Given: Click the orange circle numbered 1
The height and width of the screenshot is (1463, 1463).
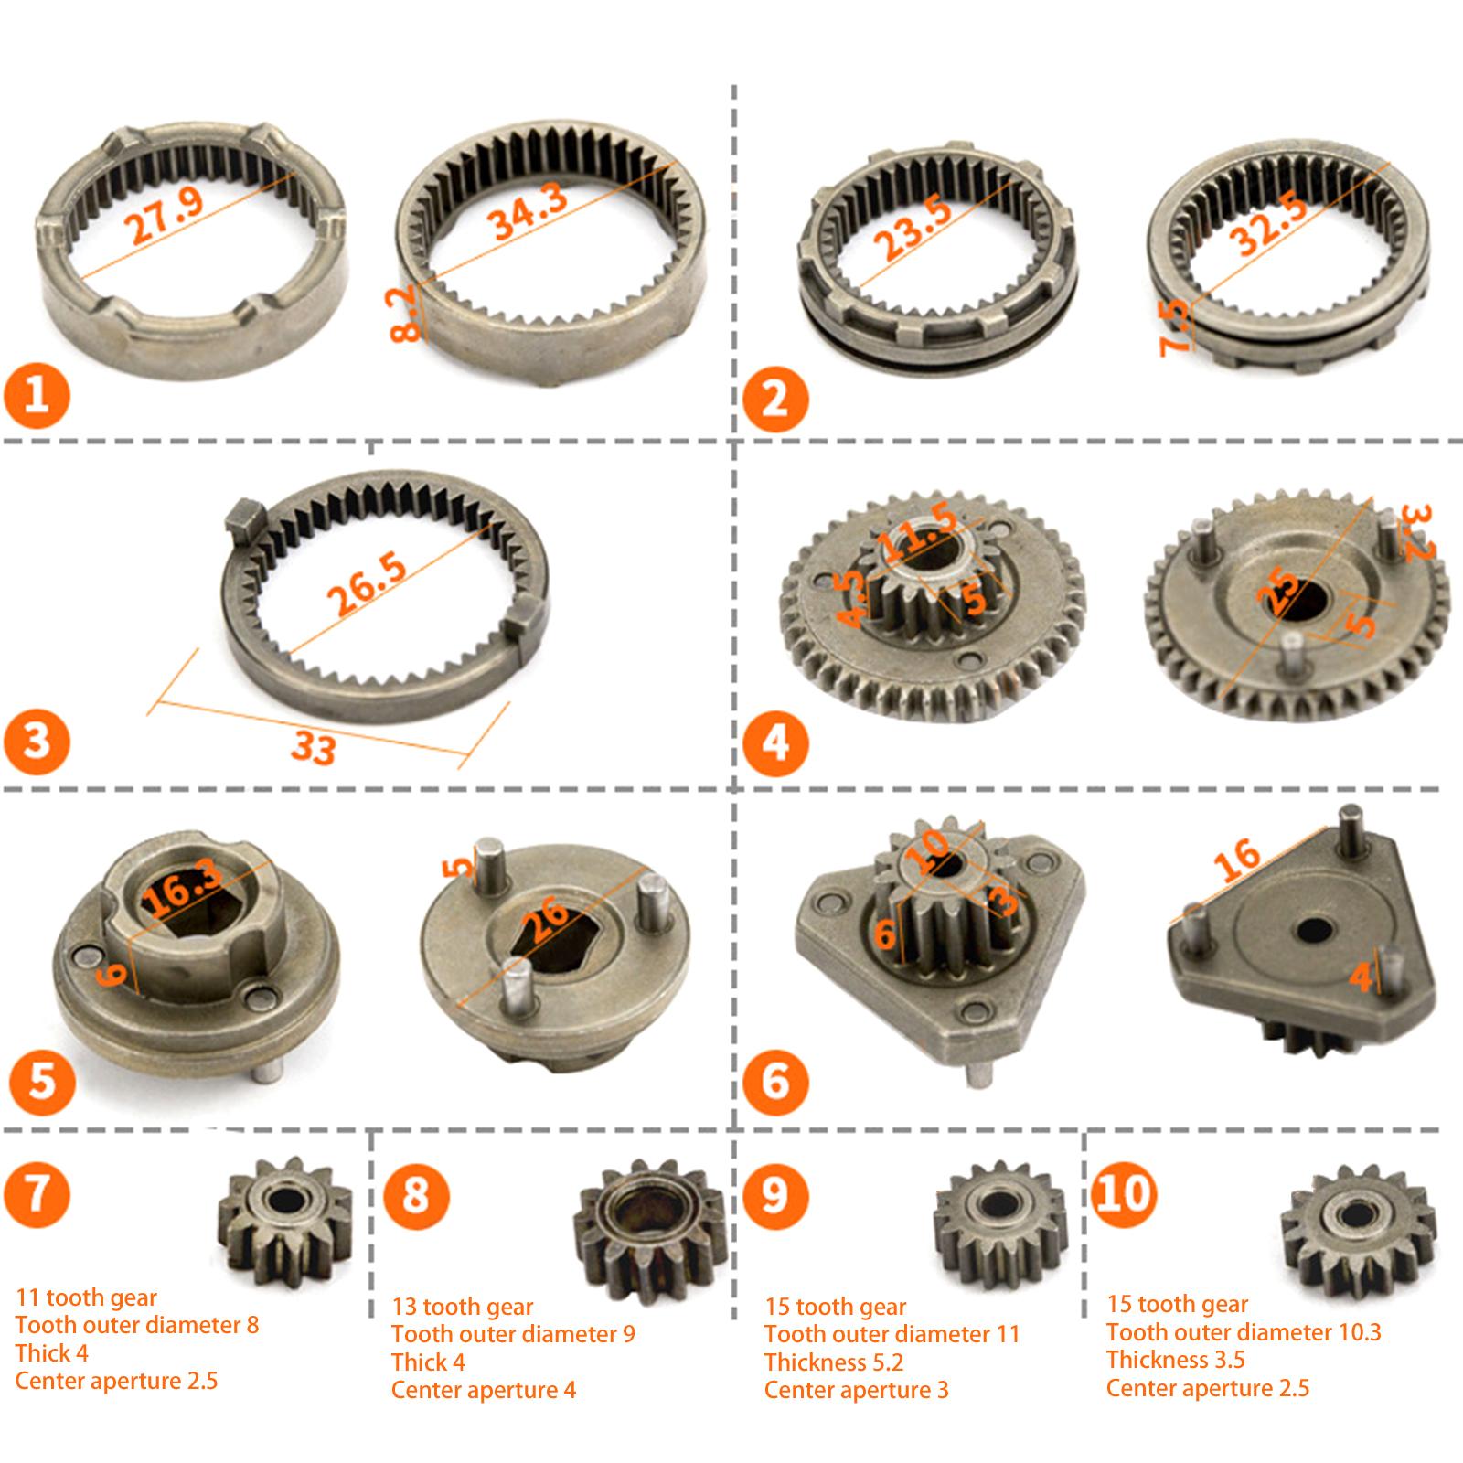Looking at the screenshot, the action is [37, 396].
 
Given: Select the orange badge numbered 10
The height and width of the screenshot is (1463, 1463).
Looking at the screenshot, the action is [1125, 1193].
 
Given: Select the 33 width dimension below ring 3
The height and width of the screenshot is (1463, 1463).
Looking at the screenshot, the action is [314, 748].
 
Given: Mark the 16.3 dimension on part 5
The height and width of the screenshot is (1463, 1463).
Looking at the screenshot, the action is [183, 888].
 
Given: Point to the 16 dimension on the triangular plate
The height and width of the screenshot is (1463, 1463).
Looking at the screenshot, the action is [1237, 861].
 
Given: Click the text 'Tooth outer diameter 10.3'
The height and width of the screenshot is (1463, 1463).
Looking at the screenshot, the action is [1244, 1332].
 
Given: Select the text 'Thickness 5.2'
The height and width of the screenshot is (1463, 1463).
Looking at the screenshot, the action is [834, 1362].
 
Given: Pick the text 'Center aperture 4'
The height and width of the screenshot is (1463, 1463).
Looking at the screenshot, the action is [484, 1390].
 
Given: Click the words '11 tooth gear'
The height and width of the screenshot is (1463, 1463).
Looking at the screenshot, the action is [86, 1297].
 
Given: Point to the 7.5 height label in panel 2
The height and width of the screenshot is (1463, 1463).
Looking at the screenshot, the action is [1176, 326].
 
